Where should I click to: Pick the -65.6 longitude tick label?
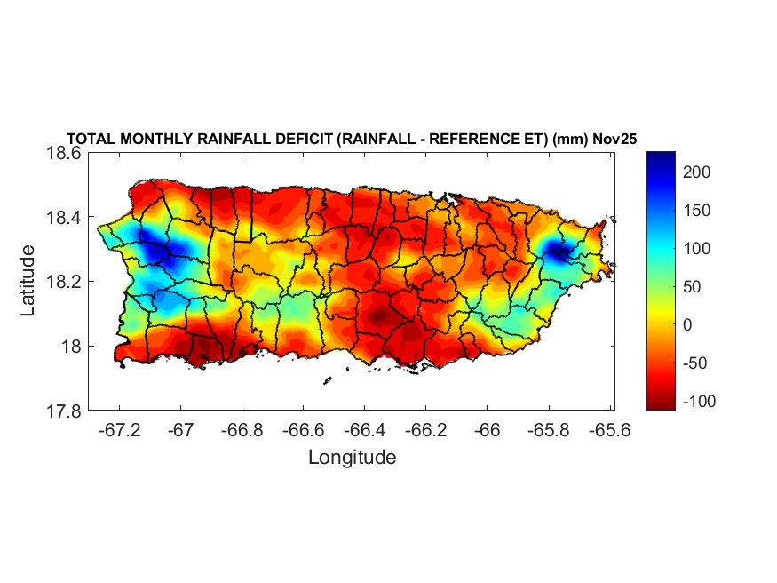click(x=609, y=429)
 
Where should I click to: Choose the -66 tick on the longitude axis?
click(x=487, y=429)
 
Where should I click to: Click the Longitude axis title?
click(x=352, y=458)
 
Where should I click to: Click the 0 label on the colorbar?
click(x=688, y=325)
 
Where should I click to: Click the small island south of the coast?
click(x=327, y=380)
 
